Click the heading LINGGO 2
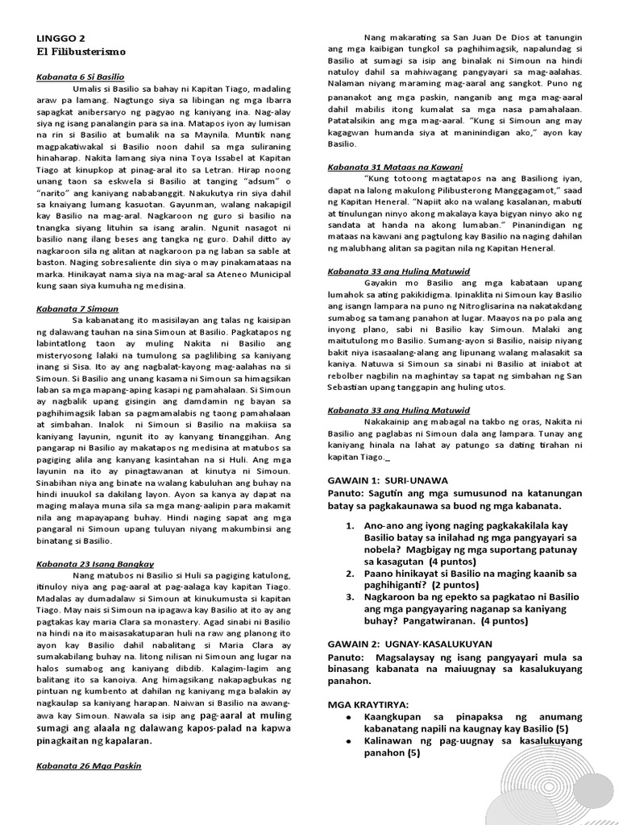coord(60,38)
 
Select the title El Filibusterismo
coord(81,51)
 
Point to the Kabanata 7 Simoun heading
coord(77,308)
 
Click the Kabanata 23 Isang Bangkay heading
coord(95,564)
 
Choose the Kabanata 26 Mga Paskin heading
coord(89,765)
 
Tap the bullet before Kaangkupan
coord(347,716)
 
